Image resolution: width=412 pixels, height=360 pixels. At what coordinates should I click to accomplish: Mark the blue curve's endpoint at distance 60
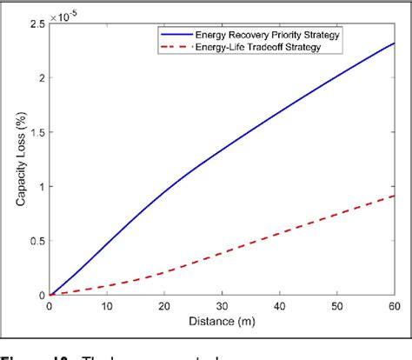point(395,43)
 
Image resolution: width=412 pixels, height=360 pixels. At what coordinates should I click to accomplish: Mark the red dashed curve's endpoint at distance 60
point(395,196)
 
